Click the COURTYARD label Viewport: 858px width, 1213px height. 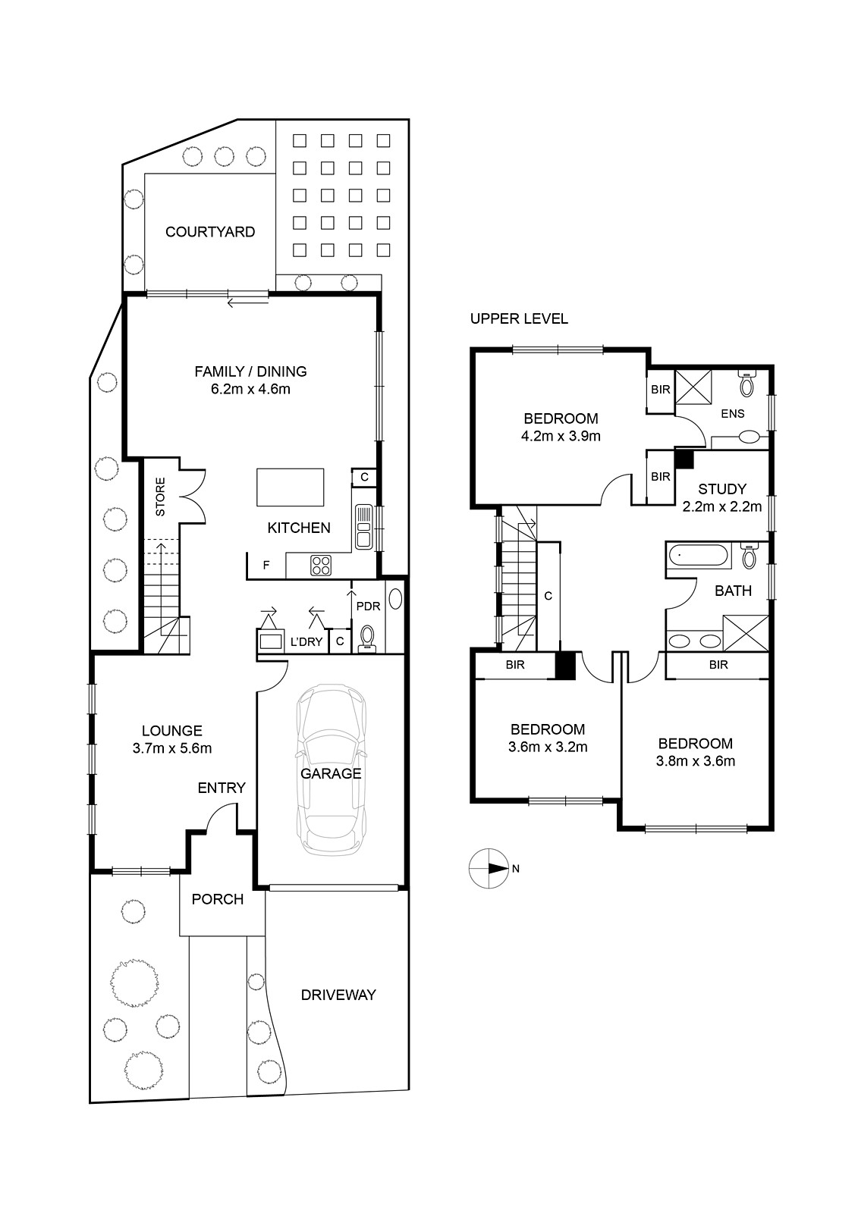(x=209, y=232)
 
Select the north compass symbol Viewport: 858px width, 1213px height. (x=489, y=869)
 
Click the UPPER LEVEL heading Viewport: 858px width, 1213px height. (x=519, y=319)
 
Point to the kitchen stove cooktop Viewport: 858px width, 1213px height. (x=321, y=566)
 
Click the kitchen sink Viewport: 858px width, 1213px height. (x=363, y=526)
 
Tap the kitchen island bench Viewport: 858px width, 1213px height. (x=291, y=487)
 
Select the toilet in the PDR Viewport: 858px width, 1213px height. (x=367, y=638)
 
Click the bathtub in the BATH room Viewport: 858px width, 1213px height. (x=698, y=556)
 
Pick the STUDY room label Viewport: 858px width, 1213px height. (x=722, y=489)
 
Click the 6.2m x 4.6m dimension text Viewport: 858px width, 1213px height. (x=250, y=389)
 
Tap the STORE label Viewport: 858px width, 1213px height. (x=160, y=496)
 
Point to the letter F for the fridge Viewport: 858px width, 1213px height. (x=266, y=566)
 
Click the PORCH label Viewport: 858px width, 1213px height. (x=218, y=899)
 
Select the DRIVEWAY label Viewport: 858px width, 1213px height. (x=338, y=995)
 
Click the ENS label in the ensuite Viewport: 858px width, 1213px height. (x=733, y=414)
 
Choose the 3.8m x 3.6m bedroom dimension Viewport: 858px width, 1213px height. (x=696, y=761)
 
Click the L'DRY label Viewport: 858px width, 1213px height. (x=306, y=641)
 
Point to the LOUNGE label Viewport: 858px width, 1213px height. (x=171, y=731)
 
